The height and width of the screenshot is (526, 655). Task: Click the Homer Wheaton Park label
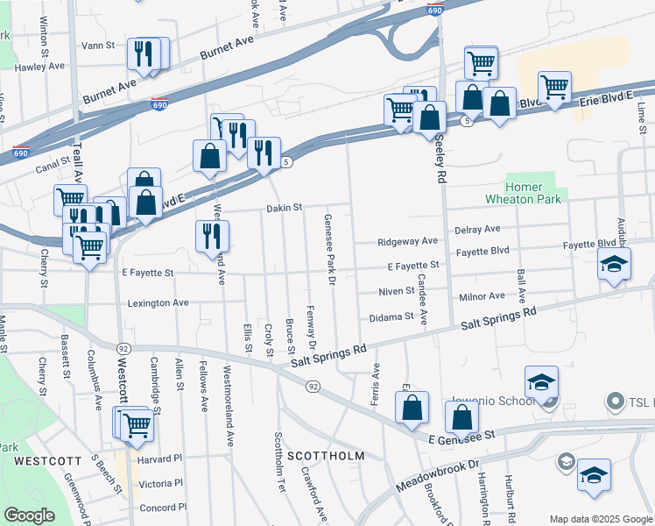(525, 193)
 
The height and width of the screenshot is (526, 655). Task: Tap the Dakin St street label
(285, 208)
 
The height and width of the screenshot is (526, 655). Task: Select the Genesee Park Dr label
(330, 250)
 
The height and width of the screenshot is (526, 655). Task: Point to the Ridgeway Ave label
(407, 242)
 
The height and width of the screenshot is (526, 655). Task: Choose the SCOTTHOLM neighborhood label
(325, 456)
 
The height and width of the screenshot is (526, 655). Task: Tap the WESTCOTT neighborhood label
(42, 459)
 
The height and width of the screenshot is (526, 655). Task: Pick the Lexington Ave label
(158, 302)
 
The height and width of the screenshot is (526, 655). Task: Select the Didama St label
(391, 317)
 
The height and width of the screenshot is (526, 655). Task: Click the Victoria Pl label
(160, 483)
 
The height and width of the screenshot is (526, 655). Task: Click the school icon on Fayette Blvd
(614, 262)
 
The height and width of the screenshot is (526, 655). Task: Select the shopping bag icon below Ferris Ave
(412, 407)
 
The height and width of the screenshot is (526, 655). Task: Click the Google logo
(29, 515)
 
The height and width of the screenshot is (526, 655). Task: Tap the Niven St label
(396, 291)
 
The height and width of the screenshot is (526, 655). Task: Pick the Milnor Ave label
(482, 296)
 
